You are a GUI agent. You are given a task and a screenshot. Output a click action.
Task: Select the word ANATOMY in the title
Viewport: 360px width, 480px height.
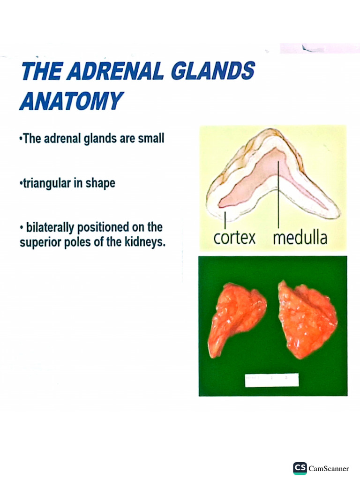click(71, 101)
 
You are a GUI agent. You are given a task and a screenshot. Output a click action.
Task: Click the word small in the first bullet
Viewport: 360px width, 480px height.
click(151, 139)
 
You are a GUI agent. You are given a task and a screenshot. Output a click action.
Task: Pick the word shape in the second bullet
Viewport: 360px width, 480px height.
click(100, 183)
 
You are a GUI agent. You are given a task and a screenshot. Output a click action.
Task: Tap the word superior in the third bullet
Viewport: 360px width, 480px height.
click(38, 243)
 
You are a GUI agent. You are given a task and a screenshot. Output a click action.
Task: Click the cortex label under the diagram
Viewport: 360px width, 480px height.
click(234, 238)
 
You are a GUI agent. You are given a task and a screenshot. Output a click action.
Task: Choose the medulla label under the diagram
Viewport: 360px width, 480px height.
click(300, 238)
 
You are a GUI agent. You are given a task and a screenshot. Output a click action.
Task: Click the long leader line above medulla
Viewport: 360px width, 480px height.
click(279, 197)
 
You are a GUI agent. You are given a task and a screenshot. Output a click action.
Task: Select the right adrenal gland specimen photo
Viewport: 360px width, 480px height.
click(307, 319)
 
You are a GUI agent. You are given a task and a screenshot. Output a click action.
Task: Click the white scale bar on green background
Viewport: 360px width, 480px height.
click(272, 380)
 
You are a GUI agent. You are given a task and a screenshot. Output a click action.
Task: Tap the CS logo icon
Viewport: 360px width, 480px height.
click(300, 468)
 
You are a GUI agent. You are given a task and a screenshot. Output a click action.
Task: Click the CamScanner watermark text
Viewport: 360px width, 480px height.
click(329, 469)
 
